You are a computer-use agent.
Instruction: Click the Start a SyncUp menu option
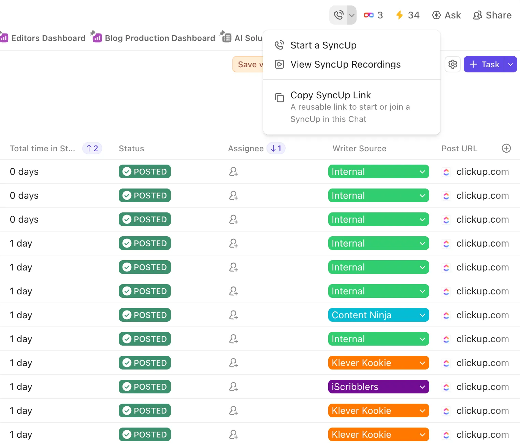(323, 45)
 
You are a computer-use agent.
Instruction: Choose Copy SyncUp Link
(331, 95)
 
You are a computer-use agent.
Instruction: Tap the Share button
(492, 15)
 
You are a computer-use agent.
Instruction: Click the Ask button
(447, 15)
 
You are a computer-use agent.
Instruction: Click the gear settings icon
(452, 64)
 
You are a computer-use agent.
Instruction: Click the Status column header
(131, 149)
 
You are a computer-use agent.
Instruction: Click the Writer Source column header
(359, 149)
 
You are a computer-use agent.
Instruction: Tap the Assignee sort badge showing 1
(276, 148)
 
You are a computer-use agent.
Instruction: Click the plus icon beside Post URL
(506, 148)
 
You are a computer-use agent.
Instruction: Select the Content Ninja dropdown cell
(378, 315)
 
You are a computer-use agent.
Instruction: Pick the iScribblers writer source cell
(378, 387)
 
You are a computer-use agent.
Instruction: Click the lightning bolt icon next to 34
(400, 15)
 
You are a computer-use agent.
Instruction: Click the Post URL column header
(459, 149)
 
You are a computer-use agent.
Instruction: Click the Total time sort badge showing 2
(92, 148)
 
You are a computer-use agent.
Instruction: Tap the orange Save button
(248, 64)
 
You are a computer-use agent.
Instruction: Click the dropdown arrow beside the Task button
(510, 64)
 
